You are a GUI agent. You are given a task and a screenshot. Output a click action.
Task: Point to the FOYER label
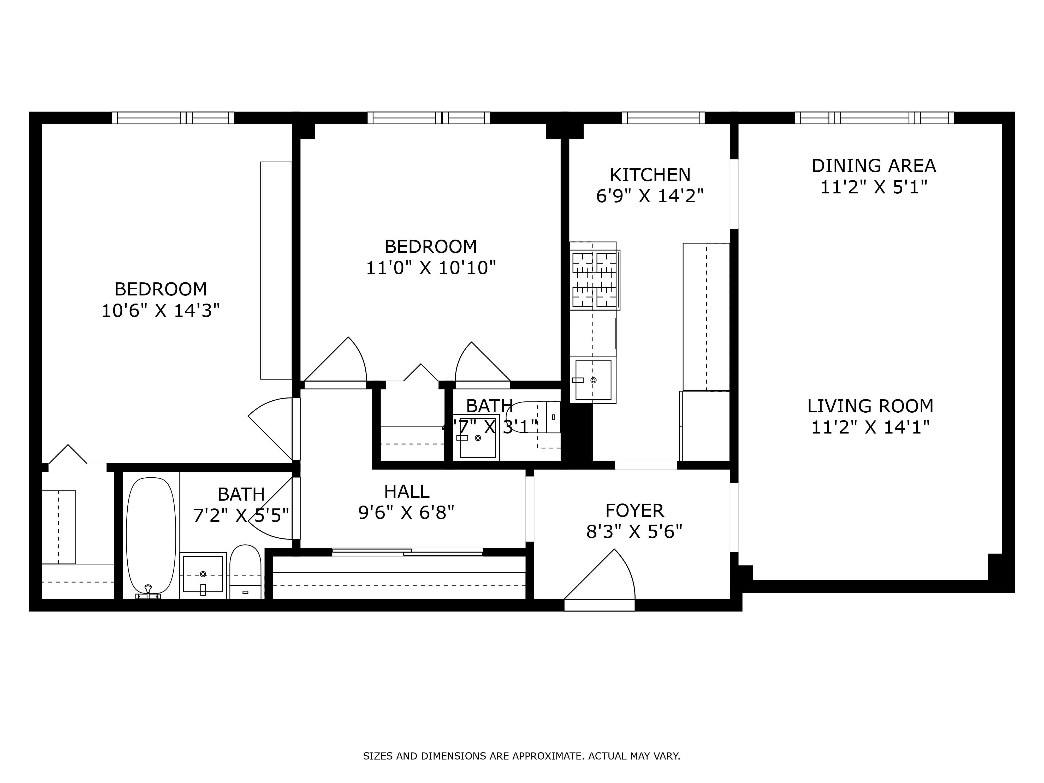click(x=634, y=511)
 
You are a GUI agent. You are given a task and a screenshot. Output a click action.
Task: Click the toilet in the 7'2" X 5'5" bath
click(x=245, y=572)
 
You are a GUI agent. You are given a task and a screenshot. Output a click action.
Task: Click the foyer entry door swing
click(x=604, y=578)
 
